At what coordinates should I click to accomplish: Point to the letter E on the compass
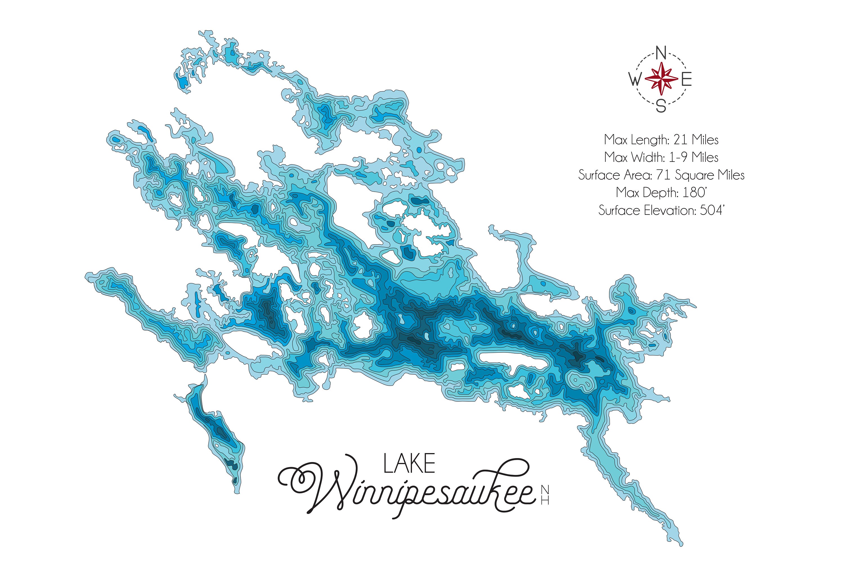coord(686,80)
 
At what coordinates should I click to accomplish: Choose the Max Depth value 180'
coord(694,193)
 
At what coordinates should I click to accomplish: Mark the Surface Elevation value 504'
coord(712,211)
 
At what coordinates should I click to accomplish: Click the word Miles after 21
coord(705,140)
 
